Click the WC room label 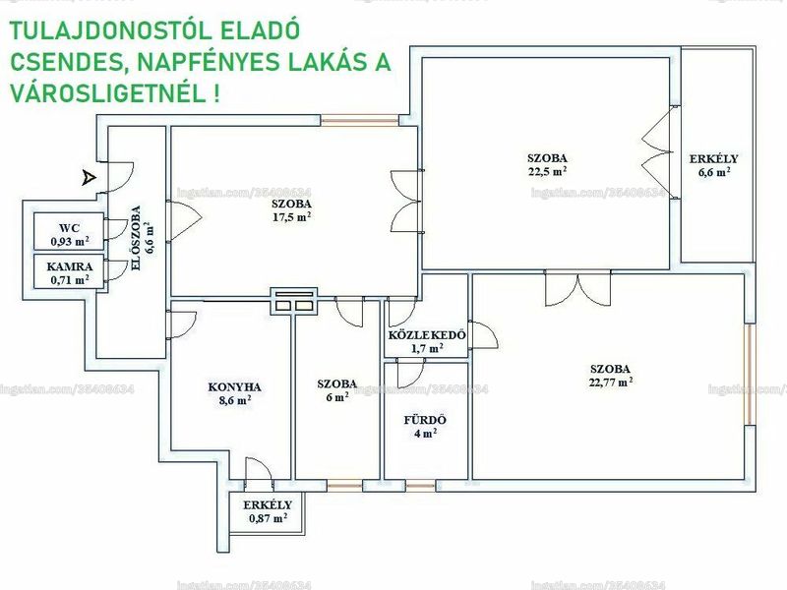pyautogui.click(x=70, y=235)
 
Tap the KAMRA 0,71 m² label pyautogui.click(x=70, y=273)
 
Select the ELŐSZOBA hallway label pyautogui.click(x=142, y=238)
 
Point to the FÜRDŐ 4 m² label pyautogui.click(x=425, y=427)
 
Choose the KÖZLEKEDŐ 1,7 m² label pyautogui.click(x=427, y=341)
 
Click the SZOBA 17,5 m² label pyautogui.click(x=291, y=210)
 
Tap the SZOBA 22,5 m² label pyautogui.click(x=547, y=164)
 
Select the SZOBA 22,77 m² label pyautogui.click(x=610, y=376)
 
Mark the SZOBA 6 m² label pyautogui.click(x=336, y=390)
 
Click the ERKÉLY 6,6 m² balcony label pyautogui.click(x=714, y=165)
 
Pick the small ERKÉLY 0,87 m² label pyautogui.click(x=268, y=511)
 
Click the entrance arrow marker pyautogui.click(x=89, y=178)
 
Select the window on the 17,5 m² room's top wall pyautogui.click(x=359, y=120)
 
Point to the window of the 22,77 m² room pyautogui.click(x=750, y=375)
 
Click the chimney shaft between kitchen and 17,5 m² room pyautogui.click(x=293, y=301)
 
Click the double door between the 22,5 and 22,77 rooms pyautogui.click(x=577, y=287)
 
